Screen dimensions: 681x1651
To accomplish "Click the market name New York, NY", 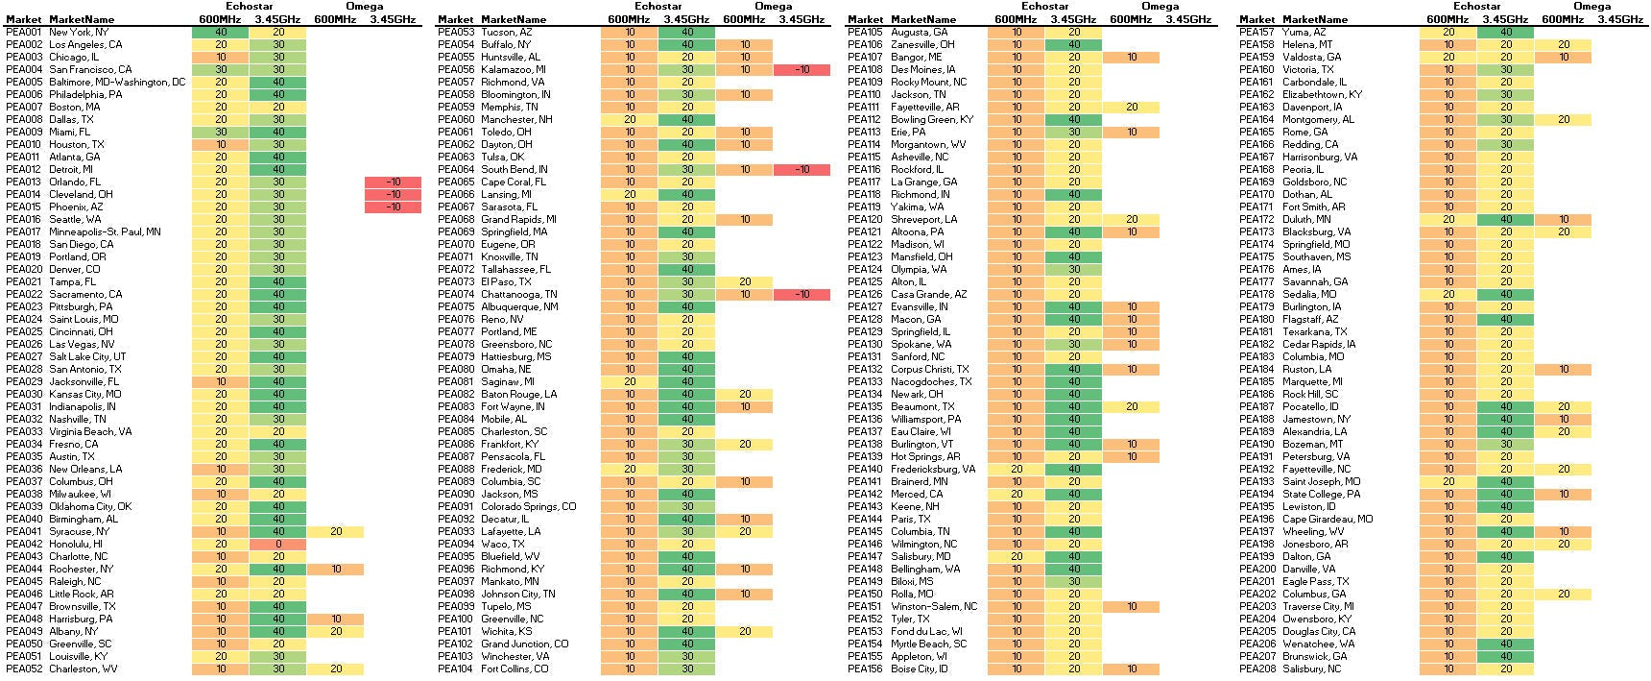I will click(x=79, y=32).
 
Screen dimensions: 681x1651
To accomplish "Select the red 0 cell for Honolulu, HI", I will click(x=277, y=544).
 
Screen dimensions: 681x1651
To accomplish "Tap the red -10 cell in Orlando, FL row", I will click(x=393, y=182).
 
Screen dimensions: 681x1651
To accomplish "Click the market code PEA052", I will click(x=24, y=669).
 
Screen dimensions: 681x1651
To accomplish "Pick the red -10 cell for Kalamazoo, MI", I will click(x=802, y=69).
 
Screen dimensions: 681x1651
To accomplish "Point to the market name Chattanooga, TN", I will click(x=518, y=294).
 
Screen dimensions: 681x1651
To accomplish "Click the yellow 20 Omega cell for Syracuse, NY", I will click(x=336, y=531).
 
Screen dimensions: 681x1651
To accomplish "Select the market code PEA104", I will click(x=455, y=669).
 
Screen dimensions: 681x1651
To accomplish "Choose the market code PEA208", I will click(x=1256, y=669).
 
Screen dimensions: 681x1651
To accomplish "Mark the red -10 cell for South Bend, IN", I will click(x=802, y=169).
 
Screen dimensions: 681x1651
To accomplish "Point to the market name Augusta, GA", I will click(x=919, y=32).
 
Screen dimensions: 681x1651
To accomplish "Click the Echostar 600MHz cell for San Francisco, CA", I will click(x=221, y=69).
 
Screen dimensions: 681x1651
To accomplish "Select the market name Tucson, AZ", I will click(x=506, y=32).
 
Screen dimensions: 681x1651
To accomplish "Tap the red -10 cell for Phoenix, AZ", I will click(x=393, y=207).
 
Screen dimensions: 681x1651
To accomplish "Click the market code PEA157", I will click(x=1256, y=32).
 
